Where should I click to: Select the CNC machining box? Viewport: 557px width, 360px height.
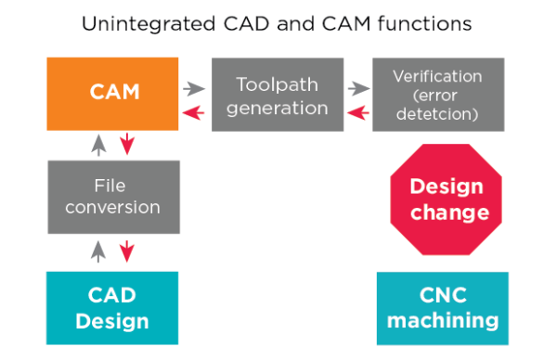click(x=443, y=308)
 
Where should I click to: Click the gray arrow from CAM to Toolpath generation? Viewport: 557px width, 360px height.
click(x=193, y=89)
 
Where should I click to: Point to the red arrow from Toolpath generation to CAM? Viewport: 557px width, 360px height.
click(x=193, y=112)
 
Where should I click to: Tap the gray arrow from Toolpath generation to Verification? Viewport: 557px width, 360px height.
click(x=356, y=89)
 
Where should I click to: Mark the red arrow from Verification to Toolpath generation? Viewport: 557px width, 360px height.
click(x=356, y=112)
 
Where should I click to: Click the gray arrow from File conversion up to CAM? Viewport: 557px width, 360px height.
click(x=97, y=143)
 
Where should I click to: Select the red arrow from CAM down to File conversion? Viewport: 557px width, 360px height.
click(x=127, y=143)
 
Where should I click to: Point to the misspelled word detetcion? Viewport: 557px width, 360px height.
click(x=438, y=115)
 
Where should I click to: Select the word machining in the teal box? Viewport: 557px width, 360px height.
click(x=443, y=321)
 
